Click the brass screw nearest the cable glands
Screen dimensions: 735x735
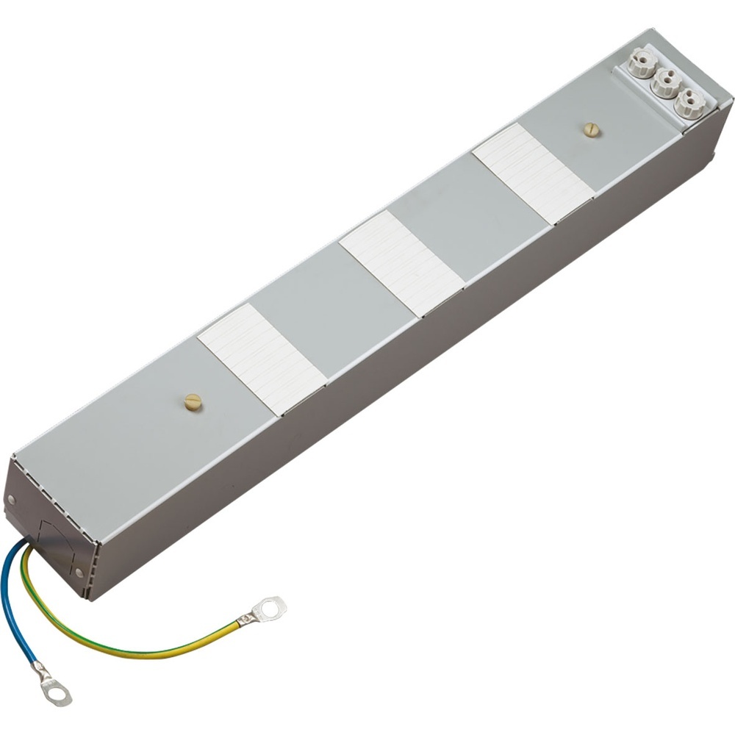point(590,129)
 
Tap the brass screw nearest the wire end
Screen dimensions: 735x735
point(193,401)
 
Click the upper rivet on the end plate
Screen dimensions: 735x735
point(10,499)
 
